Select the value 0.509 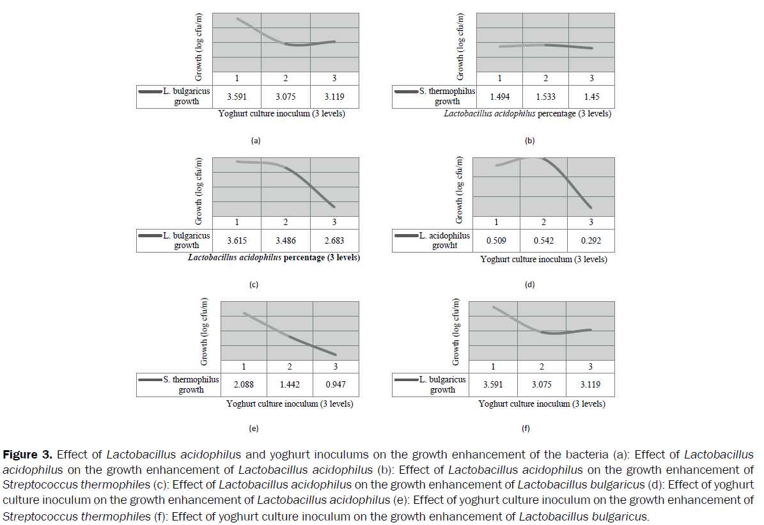point(496,241)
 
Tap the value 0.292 point(591,241)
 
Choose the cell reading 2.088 point(244,385)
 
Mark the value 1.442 point(290,385)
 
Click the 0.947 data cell point(336,385)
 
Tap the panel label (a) point(256,141)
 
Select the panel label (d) point(529,285)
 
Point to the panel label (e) point(253,428)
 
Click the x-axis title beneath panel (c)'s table point(274,258)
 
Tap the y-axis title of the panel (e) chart point(205,332)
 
